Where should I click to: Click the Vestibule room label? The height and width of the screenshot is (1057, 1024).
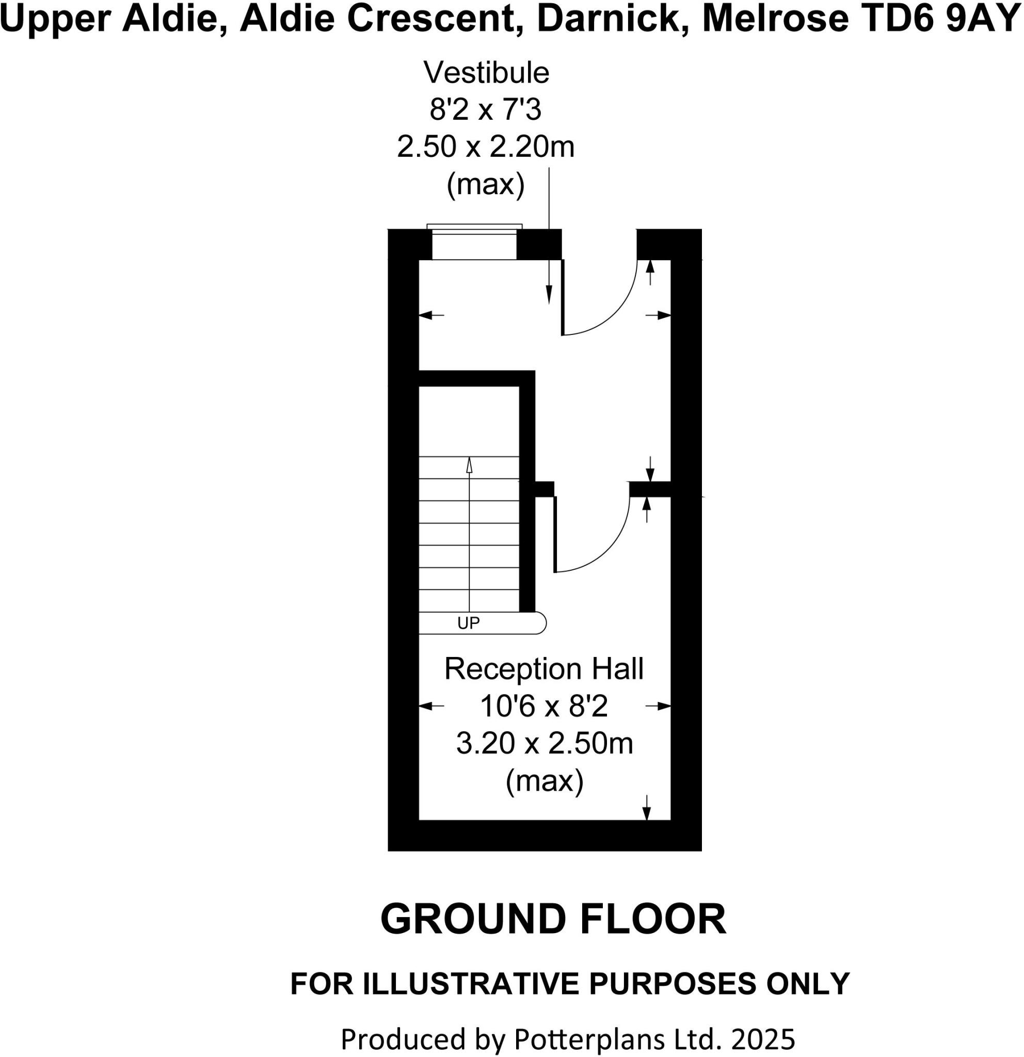coord(486,73)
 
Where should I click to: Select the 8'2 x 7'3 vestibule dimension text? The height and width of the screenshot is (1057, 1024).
coord(485,110)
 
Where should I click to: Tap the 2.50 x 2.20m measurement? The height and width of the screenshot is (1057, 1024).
coord(485,147)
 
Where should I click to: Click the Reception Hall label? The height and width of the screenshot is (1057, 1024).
coord(543,669)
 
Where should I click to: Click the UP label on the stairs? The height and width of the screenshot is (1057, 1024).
coord(468,623)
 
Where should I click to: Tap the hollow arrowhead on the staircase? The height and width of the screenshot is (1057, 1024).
coord(469,465)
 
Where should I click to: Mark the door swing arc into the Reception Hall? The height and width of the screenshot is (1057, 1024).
coord(610,550)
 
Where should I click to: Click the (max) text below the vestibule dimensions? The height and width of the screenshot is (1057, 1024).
coord(485,184)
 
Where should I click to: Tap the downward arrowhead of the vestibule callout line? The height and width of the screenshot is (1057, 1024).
coord(549,295)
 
